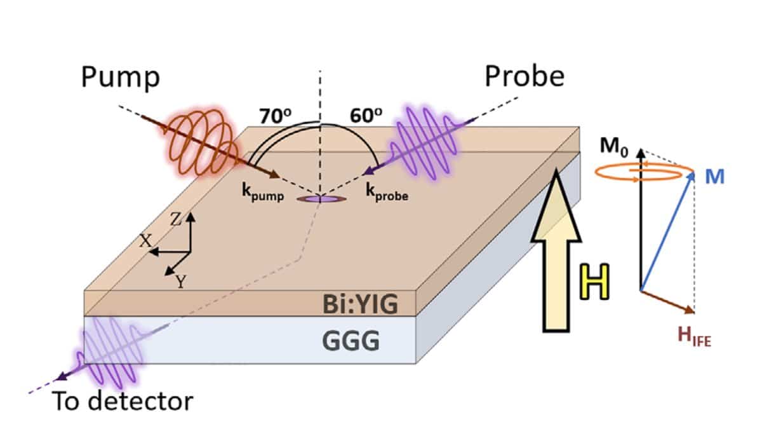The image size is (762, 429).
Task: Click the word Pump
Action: click(x=121, y=78)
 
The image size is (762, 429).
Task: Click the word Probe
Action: click(x=525, y=76)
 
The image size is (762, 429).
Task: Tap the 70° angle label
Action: click(x=275, y=116)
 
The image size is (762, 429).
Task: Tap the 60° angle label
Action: click(x=366, y=116)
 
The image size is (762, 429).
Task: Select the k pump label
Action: click(x=263, y=193)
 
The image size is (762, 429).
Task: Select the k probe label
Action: click(x=387, y=192)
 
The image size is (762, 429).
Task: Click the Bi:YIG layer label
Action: click(x=360, y=304)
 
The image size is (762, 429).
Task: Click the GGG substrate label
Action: click(x=351, y=341)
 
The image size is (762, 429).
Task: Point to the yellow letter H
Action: click(x=594, y=282)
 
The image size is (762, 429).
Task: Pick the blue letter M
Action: click(x=715, y=177)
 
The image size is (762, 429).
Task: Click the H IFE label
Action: click(x=694, y=336)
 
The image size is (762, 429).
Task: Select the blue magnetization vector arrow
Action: click(x=667, y=231)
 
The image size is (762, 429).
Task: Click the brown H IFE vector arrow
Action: click(x=667, y=302)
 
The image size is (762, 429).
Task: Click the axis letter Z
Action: click(x=176, y=219)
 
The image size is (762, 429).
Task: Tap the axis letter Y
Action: click(x=180, y=282)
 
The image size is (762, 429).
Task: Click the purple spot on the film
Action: click(x=321, y=199)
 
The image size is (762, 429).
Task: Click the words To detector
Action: click(x=123, y=402)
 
